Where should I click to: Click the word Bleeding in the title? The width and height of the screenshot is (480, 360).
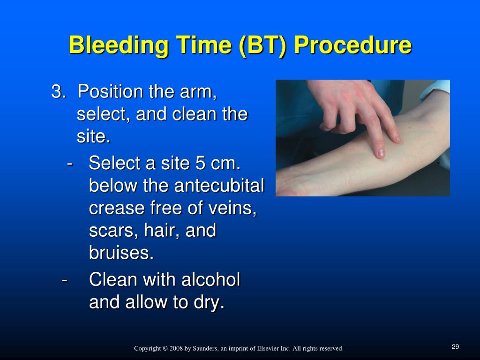pos(119,45)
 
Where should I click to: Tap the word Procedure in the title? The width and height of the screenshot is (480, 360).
pos(352,45)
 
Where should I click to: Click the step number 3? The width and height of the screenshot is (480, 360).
pos(58,91)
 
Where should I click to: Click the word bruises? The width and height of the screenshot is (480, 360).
pos(121,253)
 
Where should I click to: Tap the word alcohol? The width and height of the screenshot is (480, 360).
pos(210,279)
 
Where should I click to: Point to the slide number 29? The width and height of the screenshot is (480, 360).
pos(455,346)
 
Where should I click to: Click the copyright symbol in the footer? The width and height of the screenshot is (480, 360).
pos(165,348)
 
